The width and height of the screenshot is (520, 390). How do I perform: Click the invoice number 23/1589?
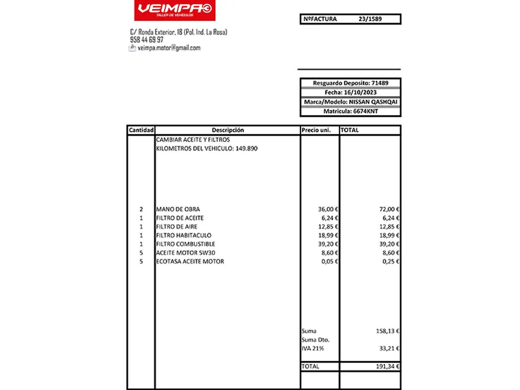tap(370, 19)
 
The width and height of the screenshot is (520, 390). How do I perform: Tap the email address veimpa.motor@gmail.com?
tap(169, 48)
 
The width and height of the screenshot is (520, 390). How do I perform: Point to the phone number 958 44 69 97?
tap(147, 40)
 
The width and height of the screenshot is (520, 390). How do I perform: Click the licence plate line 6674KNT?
tap(365, 111)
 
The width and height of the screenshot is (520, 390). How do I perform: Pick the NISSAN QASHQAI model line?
tap(373, 102)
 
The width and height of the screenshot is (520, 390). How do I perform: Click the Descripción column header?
tap(227, 130)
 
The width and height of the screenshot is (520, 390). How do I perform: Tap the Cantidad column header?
tap(141, 130)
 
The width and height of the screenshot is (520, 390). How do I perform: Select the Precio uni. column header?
tap(316, 130)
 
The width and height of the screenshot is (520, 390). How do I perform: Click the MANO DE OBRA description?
tap(178, 209)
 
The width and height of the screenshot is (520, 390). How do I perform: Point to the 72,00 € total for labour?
tap(389, 209)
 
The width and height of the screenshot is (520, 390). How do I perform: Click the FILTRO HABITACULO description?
tap(183, 235)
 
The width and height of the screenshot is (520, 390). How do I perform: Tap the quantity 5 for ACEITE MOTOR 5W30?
tap(141, 253)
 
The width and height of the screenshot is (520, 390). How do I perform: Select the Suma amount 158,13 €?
tap(387, 331)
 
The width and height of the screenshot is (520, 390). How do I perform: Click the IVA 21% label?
tap(313, 348)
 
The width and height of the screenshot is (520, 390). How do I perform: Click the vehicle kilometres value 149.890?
tap(246, 148)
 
